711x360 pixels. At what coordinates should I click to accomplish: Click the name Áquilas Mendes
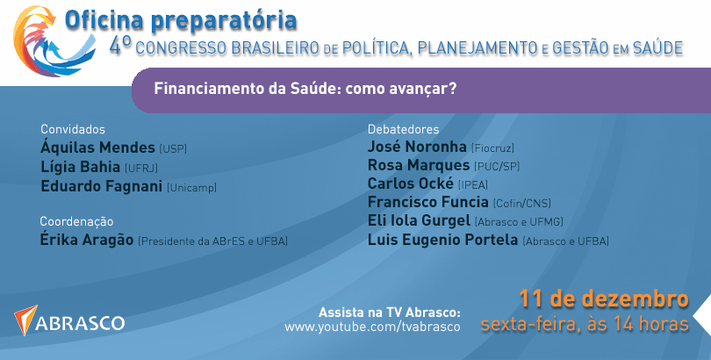coord(97,148)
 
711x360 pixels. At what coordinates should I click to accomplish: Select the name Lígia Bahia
coord(80,167)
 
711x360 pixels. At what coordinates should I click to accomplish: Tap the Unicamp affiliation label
coord(192,187)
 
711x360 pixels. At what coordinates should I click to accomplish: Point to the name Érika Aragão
coord(87,239)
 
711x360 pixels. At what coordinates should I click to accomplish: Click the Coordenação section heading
coord(76,222)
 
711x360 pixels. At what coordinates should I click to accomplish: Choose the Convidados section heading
coord(73,129)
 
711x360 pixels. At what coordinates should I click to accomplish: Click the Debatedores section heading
coord(403,129)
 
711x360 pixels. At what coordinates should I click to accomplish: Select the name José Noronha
coord(417,147)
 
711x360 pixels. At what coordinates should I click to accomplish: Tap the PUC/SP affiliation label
coord(497,167)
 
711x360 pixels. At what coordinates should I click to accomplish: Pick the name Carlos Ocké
coord(411,184)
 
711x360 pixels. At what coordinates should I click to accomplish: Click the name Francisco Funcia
coord(428,202)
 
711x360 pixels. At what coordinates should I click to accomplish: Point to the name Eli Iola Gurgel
coord(419,220)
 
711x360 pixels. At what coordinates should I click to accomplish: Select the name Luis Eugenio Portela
coord(442,239)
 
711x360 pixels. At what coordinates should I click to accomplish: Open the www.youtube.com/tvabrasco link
coord(372,327)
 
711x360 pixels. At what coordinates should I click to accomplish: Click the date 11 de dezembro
coord(604,299)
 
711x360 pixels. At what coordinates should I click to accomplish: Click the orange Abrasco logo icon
coord(25,320)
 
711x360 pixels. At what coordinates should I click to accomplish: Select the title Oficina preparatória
coord(181,21)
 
